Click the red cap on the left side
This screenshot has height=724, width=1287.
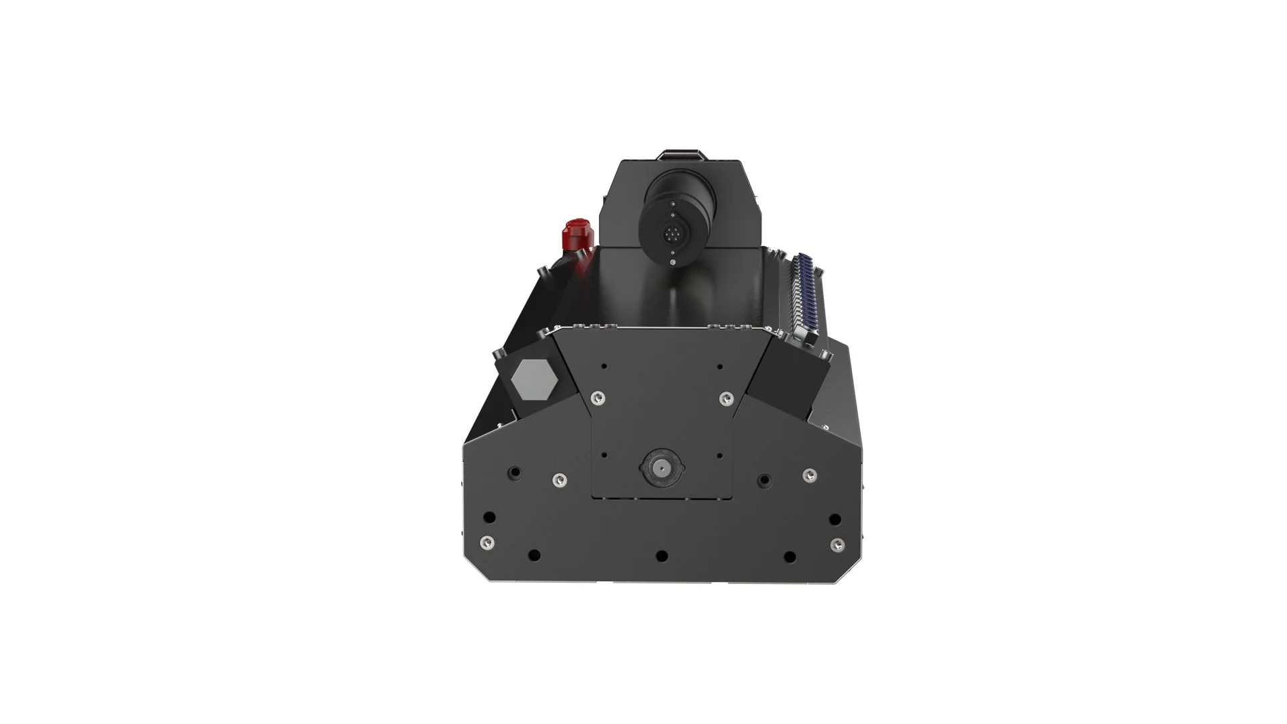[575, 233]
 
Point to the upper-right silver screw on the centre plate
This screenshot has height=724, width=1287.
[725, 399]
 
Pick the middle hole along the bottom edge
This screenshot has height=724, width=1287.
[662, 556]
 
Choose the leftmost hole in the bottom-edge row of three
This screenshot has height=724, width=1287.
[534, 556]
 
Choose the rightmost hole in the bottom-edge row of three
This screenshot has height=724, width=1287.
[790, 556]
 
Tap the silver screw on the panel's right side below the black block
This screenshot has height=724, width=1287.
[810, 475]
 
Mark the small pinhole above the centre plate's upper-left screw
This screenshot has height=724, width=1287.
[604, 367]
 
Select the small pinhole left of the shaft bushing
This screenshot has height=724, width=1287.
[604, 455]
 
